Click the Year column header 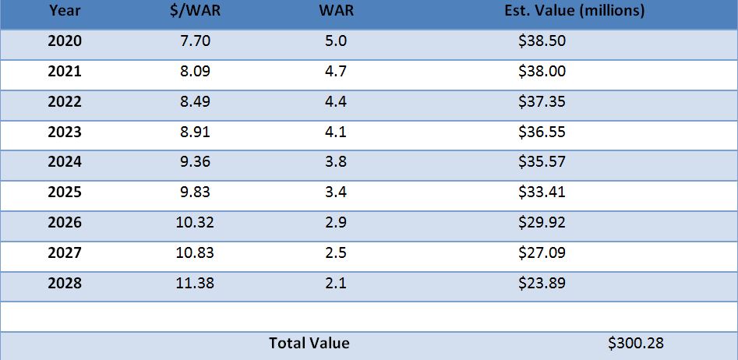(x=64, y=11)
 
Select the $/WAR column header (x=195, y=11)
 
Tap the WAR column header (x=334, y=11)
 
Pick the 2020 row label (x=65, y=41)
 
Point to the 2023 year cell (x=65, y=132)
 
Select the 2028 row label (x=65, y=283)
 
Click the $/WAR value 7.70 (x=195, y=41)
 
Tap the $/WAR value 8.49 (x=195, y=102)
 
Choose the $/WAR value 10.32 (x=195, y=223)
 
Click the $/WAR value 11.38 (x=195, y=283)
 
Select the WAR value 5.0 (x=335, y=41)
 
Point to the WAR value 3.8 (x=335, y=162)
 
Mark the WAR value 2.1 (x=335, y=283)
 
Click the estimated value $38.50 (x=542, y=41)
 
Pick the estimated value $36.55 (x=542, y=132)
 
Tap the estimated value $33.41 (x=542, y=192)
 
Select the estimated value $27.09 (x=542, y=252)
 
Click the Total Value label (x=309, y=343)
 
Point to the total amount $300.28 (x=636, y=343)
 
